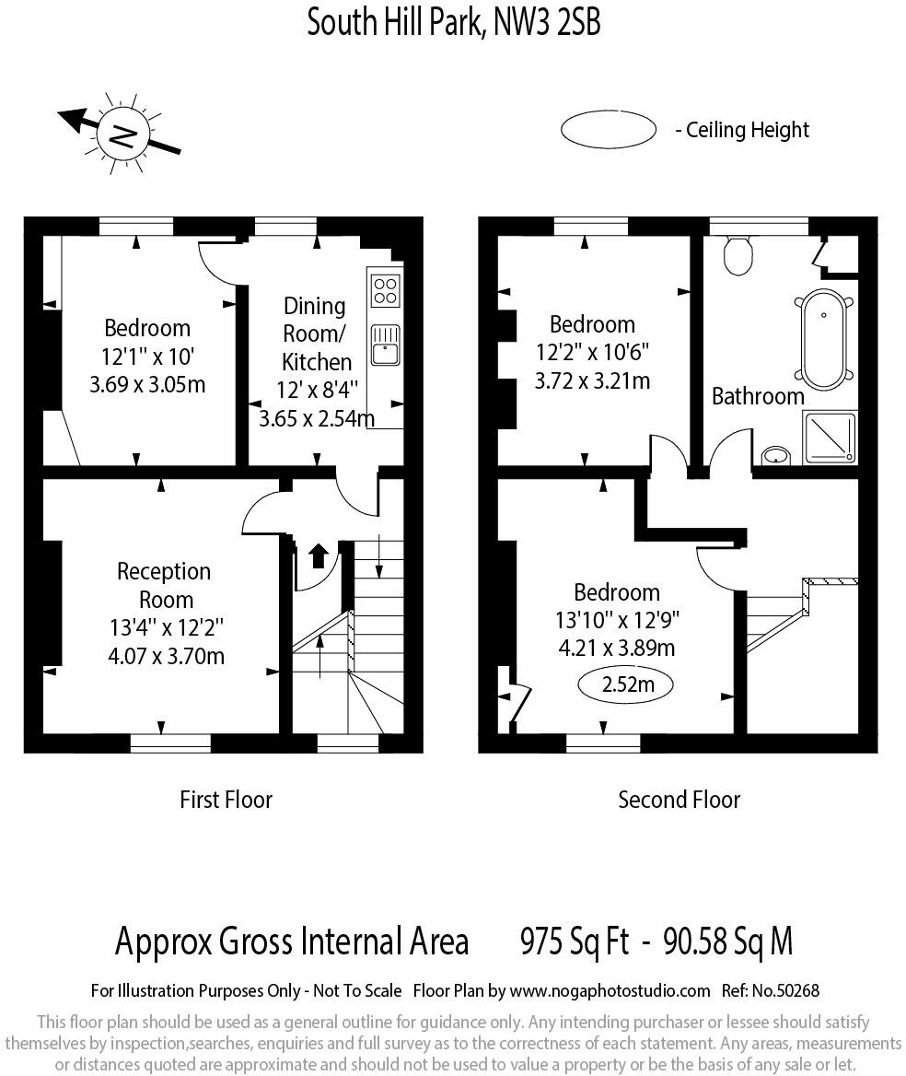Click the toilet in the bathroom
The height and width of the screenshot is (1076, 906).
(x=738, y=255)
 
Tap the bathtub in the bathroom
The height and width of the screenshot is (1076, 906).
(x=824, y=340)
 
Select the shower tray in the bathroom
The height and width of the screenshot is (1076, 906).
(x=830, y=437)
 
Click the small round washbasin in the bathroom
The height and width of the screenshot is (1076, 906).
(x=775, y=456)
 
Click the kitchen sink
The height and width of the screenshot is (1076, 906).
(x=386, y=345)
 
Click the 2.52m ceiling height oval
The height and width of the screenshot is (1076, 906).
(x=626, y=684)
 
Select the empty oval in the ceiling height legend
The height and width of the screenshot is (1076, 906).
(x=609, y=129)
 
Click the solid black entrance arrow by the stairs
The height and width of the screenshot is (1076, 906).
(x=318, y=556)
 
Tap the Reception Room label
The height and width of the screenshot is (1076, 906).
(x=165, y=585)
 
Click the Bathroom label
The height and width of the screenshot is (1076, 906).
(x=758, y=396)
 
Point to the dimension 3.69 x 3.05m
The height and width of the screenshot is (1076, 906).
(x=147, y=384)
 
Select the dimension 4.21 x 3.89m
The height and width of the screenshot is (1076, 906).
(x=617, y=648)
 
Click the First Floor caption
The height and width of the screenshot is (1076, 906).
(x=226, y=800)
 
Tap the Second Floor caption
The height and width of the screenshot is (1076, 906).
(x=679, y=800)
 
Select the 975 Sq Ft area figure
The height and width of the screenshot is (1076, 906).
(x=575, y=941)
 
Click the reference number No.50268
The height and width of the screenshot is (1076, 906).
(x=785, y=991)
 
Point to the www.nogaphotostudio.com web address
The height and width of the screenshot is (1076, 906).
(x=610, y=991)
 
